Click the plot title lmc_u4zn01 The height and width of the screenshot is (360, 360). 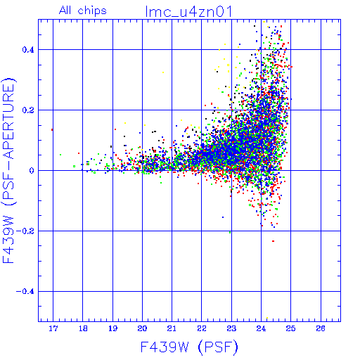coord(188,12)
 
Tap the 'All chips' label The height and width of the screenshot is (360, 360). coord(83,11)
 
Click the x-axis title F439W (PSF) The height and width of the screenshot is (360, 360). coord(189,347)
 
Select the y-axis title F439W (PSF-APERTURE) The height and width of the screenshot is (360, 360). coord(8,170)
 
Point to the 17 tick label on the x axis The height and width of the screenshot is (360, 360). coord(53,328)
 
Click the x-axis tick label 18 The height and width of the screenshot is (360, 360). coord(83,328)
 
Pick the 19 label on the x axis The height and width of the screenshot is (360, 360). coord(112,328)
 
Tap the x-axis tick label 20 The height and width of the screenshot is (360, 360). coord(142,328)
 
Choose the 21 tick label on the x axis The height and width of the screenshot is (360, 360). coord(172,328)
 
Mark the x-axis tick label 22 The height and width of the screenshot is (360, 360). coord(202,328)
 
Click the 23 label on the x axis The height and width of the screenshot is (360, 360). coord(231,328)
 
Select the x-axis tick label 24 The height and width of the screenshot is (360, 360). coord(261,328)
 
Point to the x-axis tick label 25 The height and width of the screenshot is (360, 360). coord(290,328)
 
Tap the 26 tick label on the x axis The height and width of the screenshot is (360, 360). coord(321,328)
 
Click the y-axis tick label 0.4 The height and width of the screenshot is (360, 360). coord(28,50)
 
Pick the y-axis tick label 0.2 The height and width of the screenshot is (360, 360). coord(28,110)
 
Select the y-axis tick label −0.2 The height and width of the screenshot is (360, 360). coord(25,231)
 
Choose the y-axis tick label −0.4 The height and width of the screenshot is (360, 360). coord(25,292)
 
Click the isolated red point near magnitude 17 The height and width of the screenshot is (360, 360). coord(52,129)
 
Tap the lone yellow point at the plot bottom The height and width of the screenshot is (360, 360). coord(267,318)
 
